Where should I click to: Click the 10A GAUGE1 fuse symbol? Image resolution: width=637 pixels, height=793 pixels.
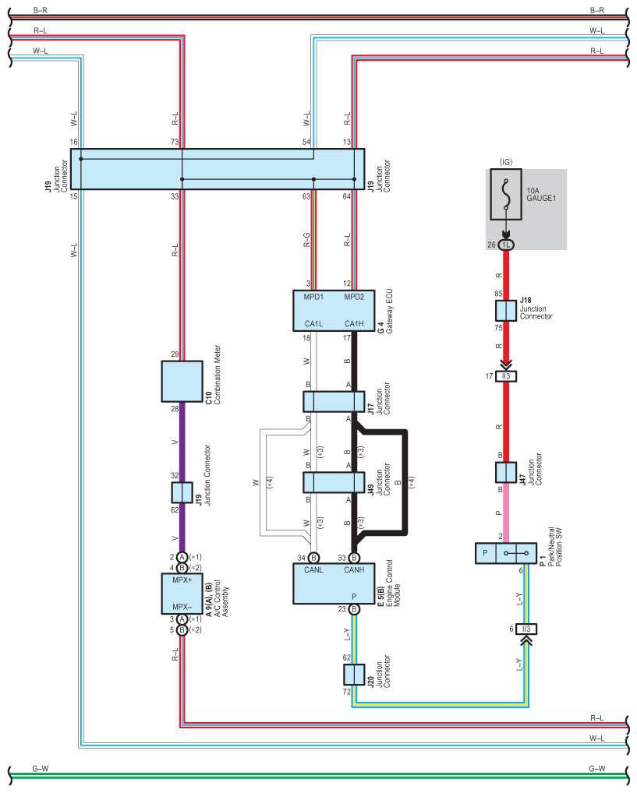pyautogui.click(x=506, y=194)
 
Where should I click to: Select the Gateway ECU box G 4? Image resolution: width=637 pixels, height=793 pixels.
pyautogui.click(x=334, y=311)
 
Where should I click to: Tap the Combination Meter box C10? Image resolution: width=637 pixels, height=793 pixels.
pyautogui.click(x=182, y=382)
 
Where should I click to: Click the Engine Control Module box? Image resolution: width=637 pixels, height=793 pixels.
pyautogui.click(x=334, y=583)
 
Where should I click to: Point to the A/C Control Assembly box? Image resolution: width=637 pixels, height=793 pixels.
pyautogui.click(x=182, y=594)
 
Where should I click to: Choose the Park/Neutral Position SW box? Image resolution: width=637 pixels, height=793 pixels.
pyautogui.click(x=506, y=553)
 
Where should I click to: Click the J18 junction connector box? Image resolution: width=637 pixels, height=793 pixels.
pyautogui.click(x=506, y=311)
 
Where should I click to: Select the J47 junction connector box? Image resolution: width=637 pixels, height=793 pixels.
pyautogui.click(x=506, y=472)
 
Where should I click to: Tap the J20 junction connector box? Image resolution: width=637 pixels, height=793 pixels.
pyautogui.click(x=354, y=675)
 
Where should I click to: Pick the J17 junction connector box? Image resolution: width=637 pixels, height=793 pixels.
pyautogui.click(x=334, y=401)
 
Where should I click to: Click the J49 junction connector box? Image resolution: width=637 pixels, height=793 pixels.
pyautogui.click(x=334, y=482)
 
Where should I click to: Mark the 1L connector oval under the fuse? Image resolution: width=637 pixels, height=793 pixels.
pyautogui.click(x=506, y=245)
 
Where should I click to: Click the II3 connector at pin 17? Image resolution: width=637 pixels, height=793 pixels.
pyautogui.click(x=506, y=376)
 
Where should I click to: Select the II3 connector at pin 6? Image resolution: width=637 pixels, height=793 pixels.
pyautogui.click(x=526, y=629)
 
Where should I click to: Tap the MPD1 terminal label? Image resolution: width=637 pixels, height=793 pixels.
pyautogui.click(x=313, y=297)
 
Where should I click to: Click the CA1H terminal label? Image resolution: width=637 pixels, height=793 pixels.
pyautogui.click(x=354, y=324)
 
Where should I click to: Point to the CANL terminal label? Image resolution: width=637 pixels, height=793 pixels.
pyautogui.click(x=313, y=570)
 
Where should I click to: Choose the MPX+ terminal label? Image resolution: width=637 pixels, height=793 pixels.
pyautogui.click(x=182, y=580)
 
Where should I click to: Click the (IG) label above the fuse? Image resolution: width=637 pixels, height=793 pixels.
pyautogui.click(x=506, y=162)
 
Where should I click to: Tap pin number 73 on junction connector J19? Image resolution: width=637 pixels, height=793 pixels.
pyautogui.click(x=175, y=142)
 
